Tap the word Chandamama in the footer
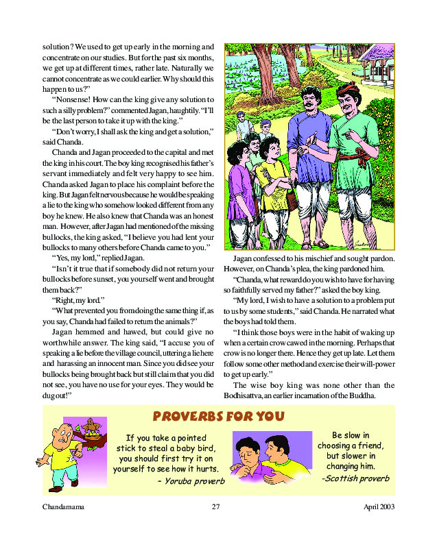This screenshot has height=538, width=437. click(x=64, y=507)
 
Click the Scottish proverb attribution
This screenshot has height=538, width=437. click(x=355, y=478)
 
